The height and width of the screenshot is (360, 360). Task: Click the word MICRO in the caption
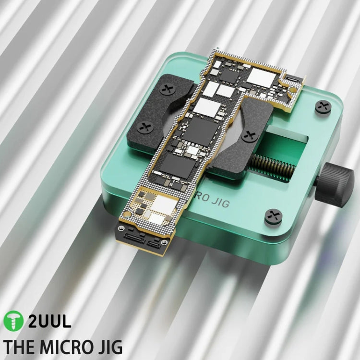69,347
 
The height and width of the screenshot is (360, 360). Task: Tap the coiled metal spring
271,168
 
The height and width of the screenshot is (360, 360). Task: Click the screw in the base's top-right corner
323,107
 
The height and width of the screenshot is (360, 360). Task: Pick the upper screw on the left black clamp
168,89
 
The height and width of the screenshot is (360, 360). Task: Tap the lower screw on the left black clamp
144,127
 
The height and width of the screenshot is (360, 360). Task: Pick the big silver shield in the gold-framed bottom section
164,205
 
